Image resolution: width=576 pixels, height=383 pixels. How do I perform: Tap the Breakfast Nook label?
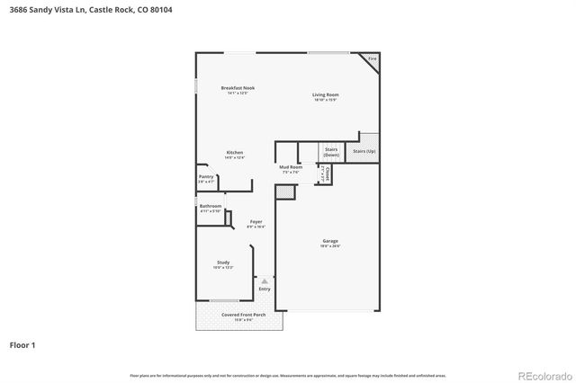[x=238, y=87]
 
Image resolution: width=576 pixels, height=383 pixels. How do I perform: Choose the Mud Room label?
[x=290, y=167]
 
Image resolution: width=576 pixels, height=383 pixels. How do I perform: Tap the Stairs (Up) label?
[x=364, y=151]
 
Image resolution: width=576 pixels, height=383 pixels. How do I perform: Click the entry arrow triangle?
[x=265, y=281]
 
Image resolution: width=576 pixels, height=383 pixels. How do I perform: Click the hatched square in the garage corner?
[x=285, y=191]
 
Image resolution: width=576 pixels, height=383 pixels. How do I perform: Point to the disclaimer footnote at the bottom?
[x=288, y=376]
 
